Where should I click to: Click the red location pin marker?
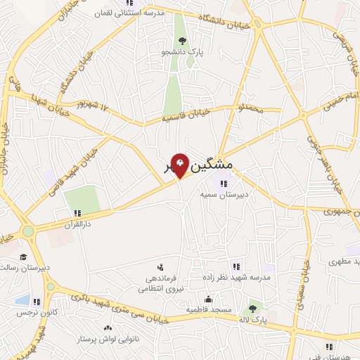coord(180,166)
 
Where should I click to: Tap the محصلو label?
coord(250,109)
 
